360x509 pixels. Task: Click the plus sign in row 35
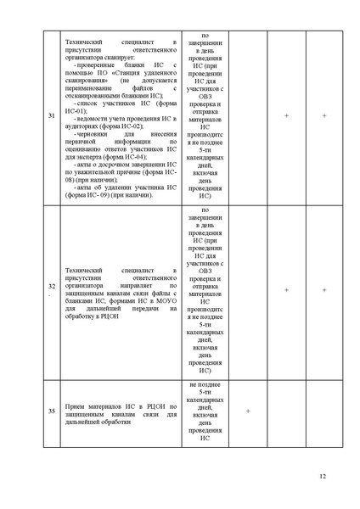click(247, 411)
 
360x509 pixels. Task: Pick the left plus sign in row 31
click(286, 115)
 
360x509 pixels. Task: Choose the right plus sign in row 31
click(324, 115)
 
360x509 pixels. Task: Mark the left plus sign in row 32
click(286, 289)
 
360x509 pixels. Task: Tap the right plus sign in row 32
click(324, 289)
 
